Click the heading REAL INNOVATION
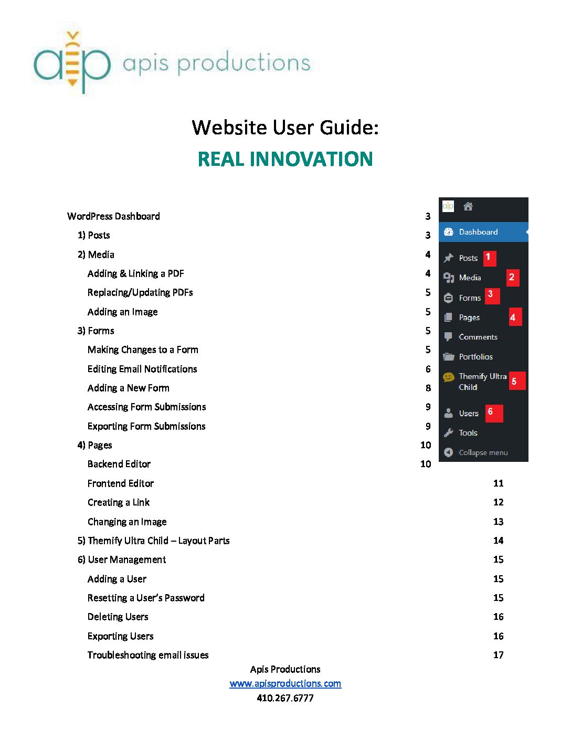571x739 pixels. pos(285,159)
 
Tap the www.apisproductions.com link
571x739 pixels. pos(285,683)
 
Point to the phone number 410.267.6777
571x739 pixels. pos(285,698)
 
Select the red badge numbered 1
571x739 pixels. pos(489,257)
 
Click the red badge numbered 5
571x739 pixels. pos(515,382)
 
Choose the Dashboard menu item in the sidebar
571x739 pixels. pos(478,232)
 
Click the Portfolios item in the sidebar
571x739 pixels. pos(475,357)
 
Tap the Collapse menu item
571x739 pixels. pos(483,452)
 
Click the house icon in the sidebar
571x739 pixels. pos(468,207)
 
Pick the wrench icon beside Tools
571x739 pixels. pos(448,433)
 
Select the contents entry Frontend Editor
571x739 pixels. pos(121,483)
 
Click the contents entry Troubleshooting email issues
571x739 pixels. pos(148,655)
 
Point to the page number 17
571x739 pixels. pos(498,655)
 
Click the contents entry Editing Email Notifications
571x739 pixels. pos(142,369)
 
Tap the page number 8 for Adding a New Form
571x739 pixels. pos(428,388)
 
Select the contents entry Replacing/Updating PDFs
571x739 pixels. pos(140,292)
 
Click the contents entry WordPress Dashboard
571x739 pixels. pos(113,216)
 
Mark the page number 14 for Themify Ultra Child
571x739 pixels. pos(498,541)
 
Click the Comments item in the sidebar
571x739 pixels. pos(478,337)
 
